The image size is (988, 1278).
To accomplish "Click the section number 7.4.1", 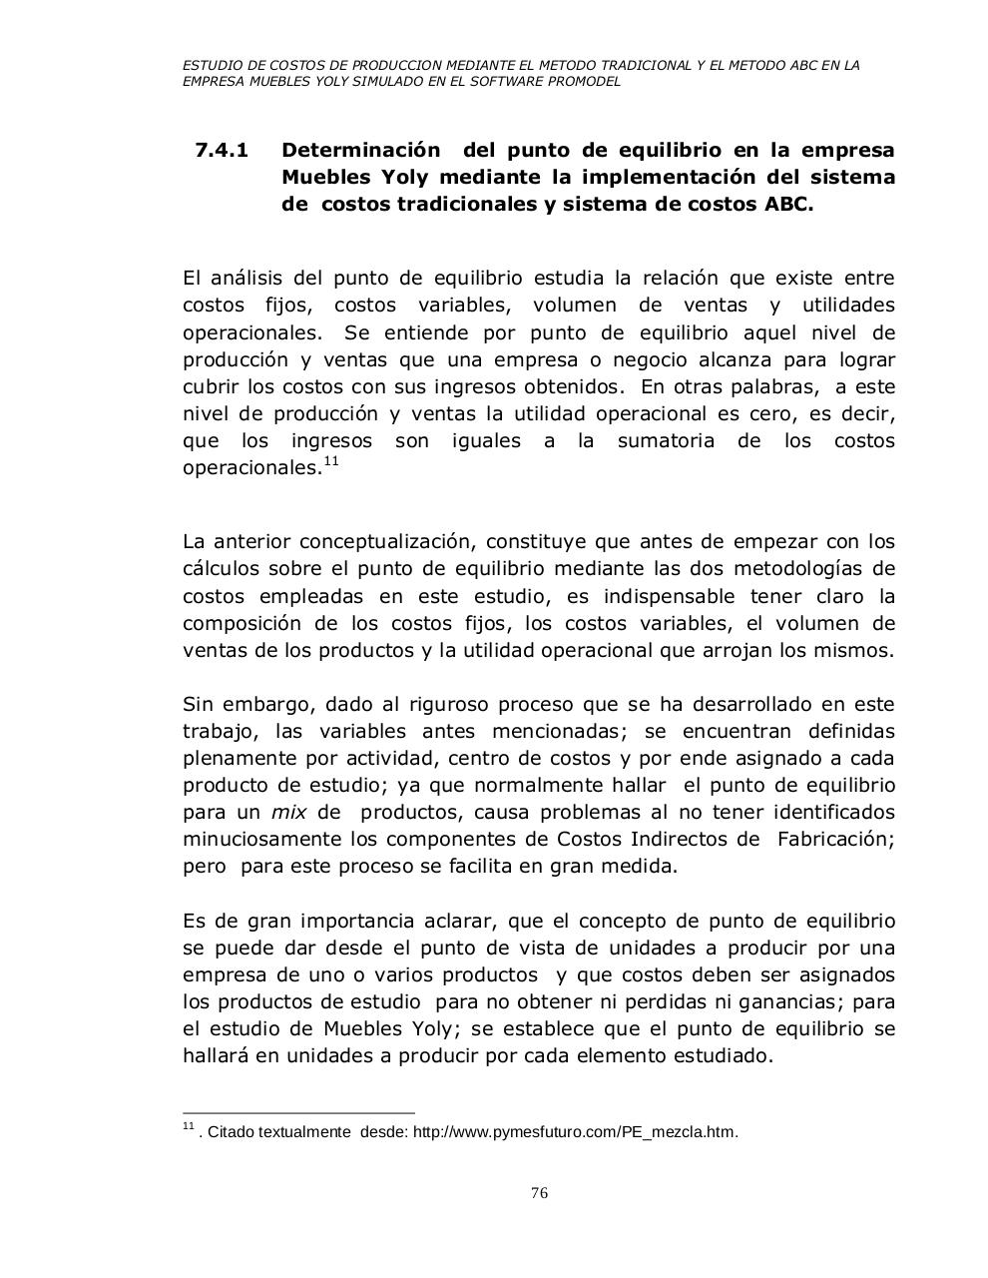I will pos(222,151).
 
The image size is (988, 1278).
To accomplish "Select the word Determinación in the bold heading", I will pos(360,151).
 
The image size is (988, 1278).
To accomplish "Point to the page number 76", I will pos(540,1193).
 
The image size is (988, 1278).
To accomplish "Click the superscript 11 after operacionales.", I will pos(331,461).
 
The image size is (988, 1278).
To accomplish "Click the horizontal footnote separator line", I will pos(298,1112).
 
